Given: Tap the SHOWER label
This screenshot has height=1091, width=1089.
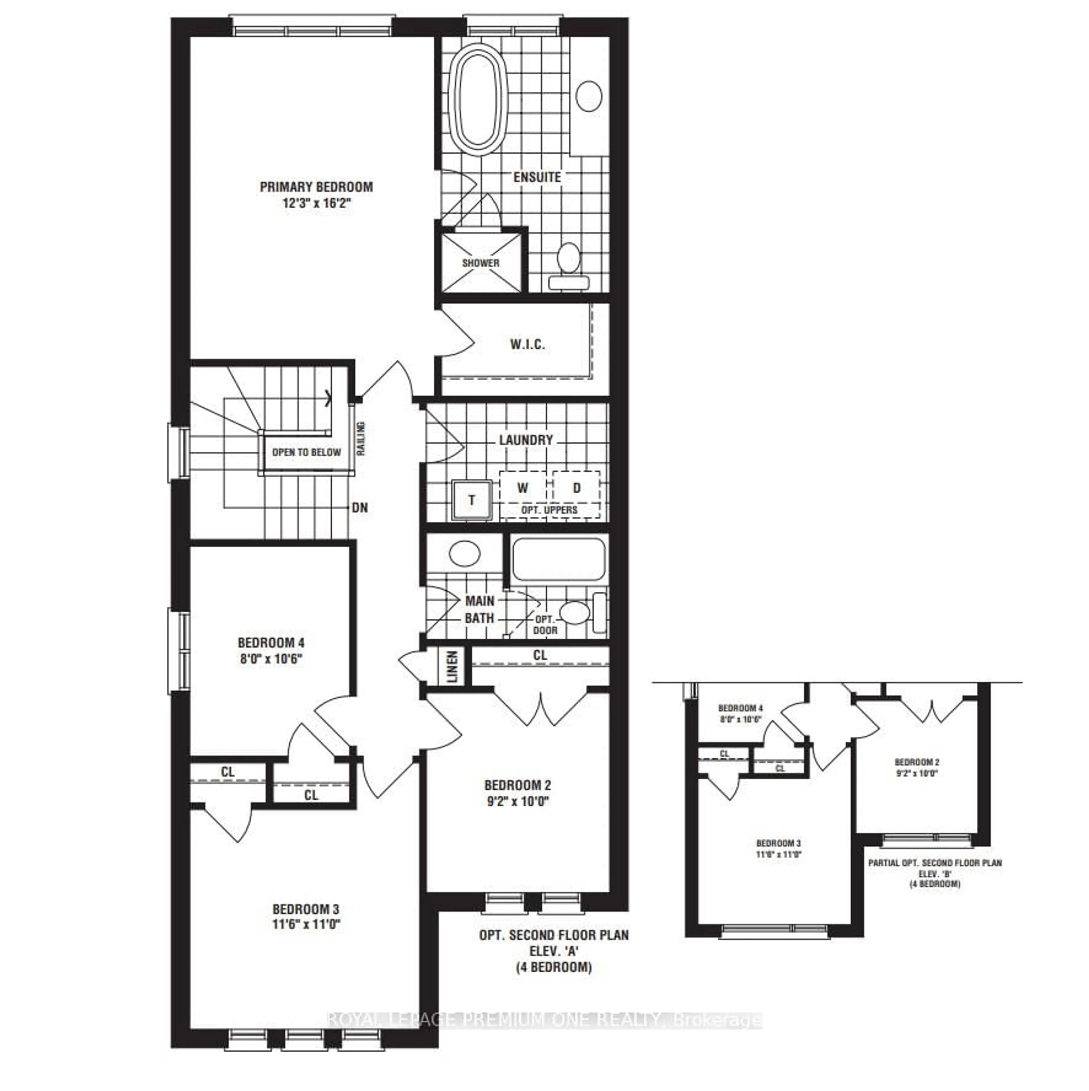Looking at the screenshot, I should point(480,263).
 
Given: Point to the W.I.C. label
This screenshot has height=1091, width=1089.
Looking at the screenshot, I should point(527,344).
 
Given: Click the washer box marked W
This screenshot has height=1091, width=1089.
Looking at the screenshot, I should point(523,488).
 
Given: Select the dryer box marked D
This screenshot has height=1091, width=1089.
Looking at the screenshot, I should point(577,488).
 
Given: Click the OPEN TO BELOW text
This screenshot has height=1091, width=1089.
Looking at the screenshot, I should point(306,452).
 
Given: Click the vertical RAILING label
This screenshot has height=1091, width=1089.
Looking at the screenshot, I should point(360,439).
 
